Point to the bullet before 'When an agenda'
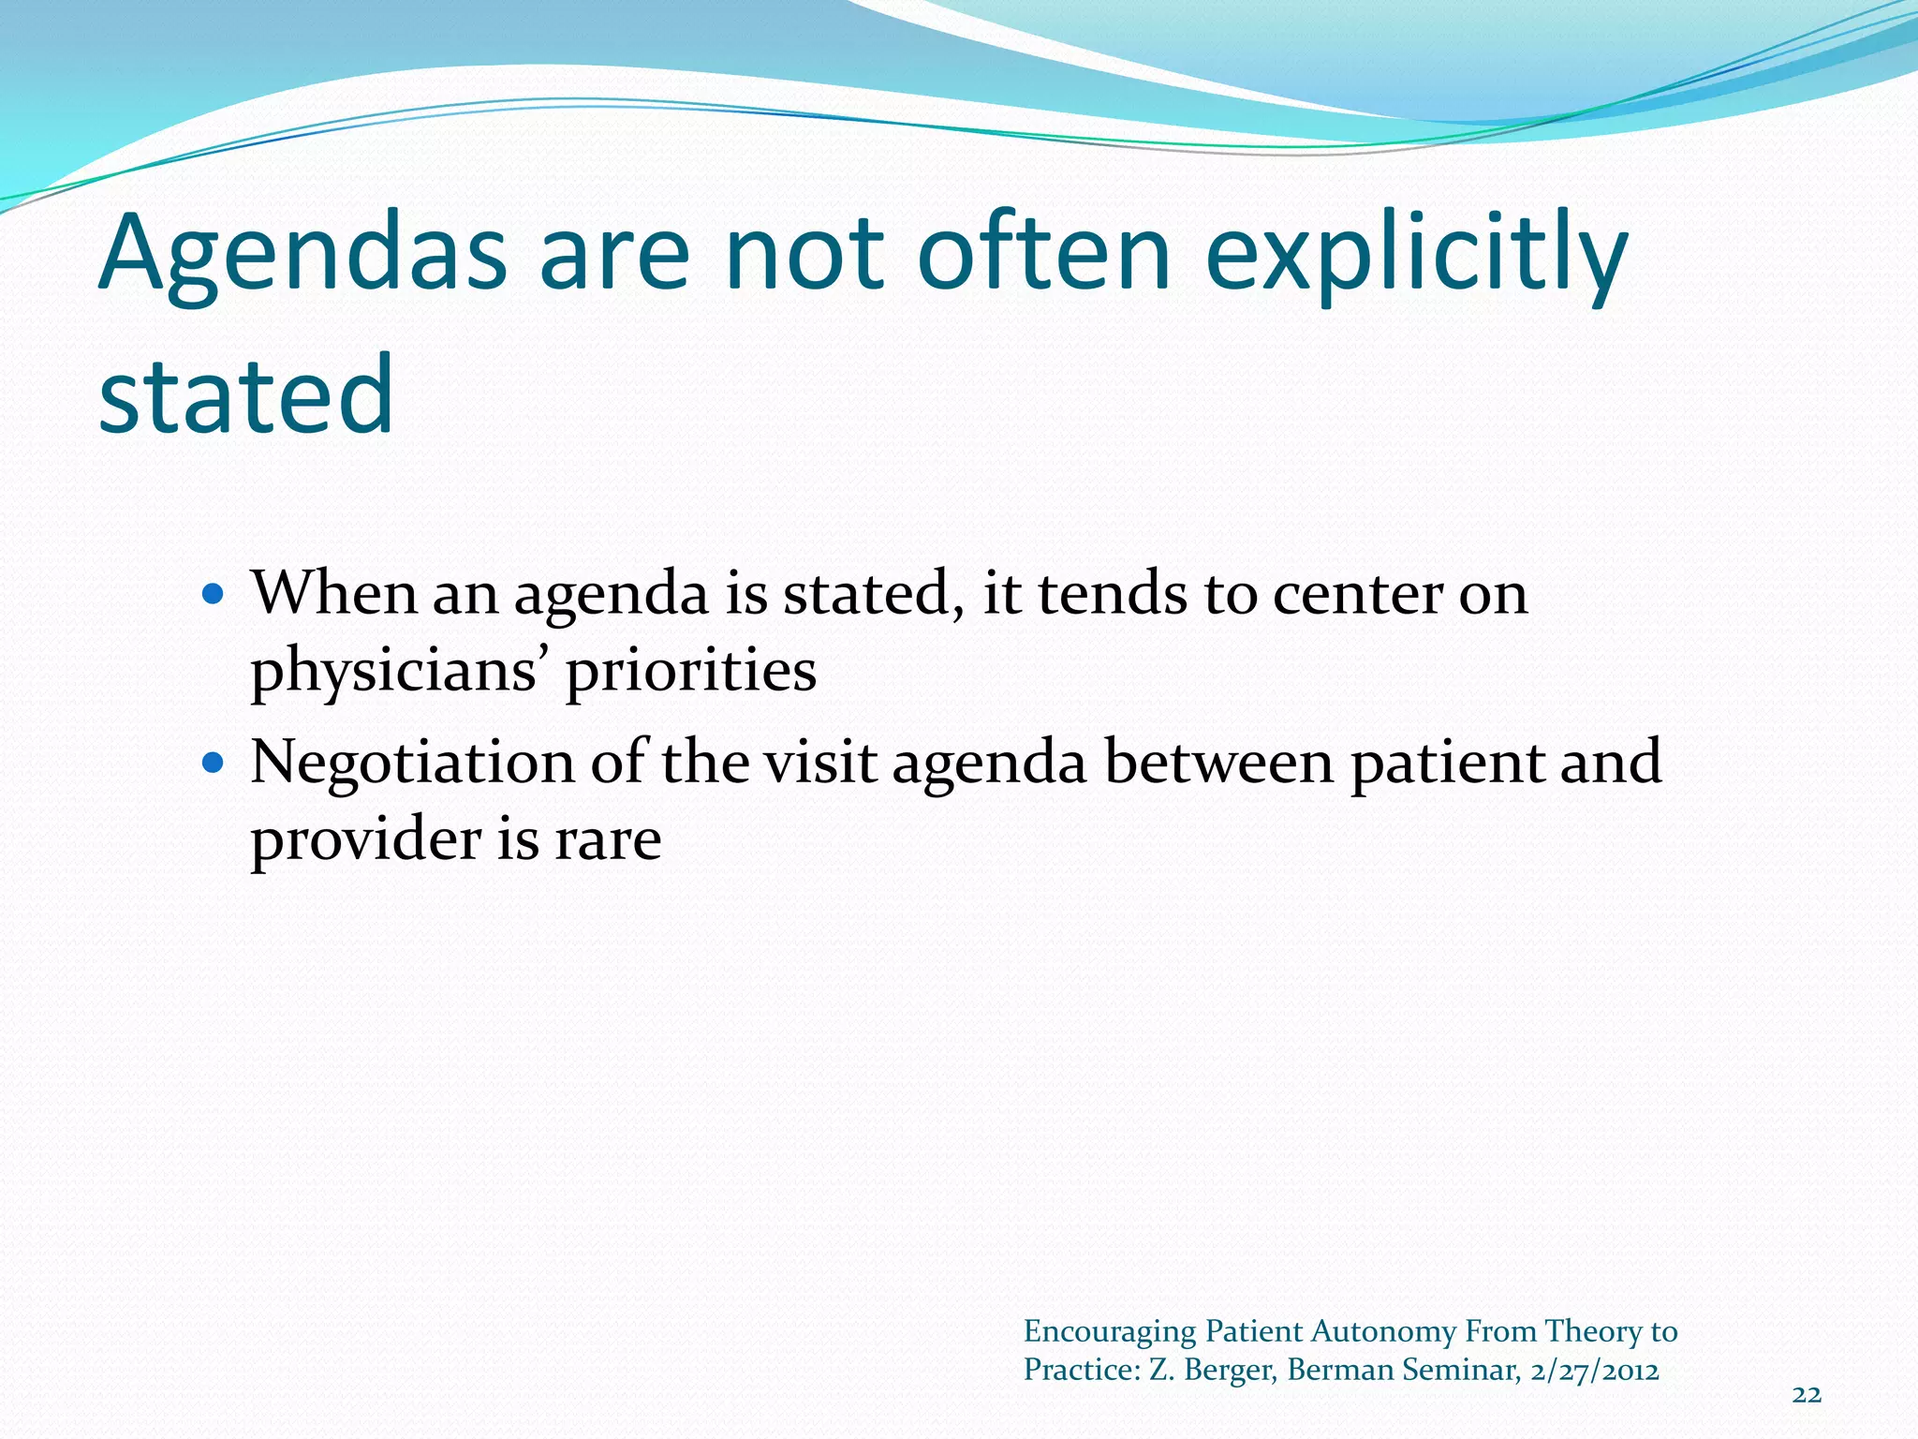[214, 594]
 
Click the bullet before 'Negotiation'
[214, 763]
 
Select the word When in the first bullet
[333, 594]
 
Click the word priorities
[691, 671]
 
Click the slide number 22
[1807, 1395]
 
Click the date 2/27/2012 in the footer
[1595, 1371]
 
